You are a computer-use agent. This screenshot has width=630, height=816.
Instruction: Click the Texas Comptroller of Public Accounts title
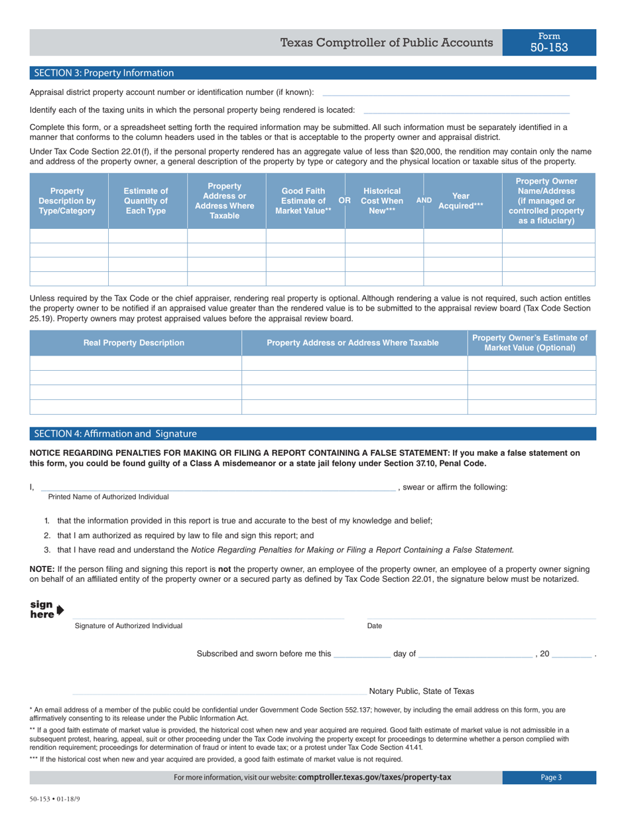(387, 43)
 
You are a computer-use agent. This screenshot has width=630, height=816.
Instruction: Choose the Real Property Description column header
(133, 343)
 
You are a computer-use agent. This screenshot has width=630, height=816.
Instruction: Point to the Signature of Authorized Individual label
(129, 626)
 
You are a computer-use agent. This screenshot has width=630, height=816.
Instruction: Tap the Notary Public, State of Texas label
(421, 691)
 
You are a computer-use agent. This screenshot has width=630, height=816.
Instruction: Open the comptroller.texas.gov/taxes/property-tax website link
(375, 778)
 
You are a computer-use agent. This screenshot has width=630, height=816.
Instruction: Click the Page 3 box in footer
(550, 778)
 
